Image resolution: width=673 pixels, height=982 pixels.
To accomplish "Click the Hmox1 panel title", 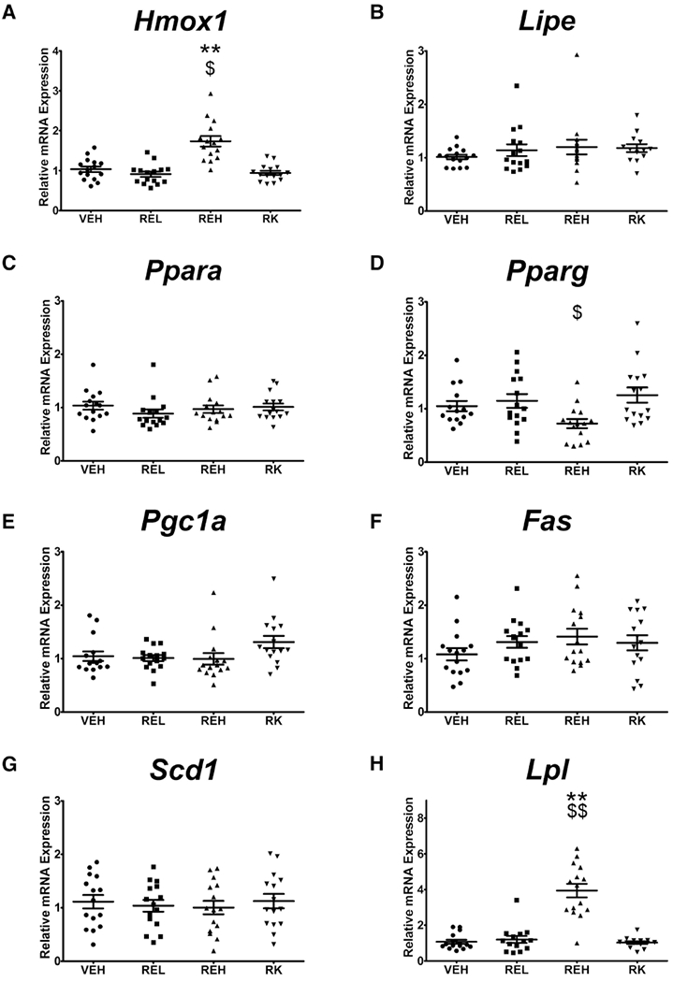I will click(x=182, y=21).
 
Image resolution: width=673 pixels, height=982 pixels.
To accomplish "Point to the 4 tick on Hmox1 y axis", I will click(x=58, y=51).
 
